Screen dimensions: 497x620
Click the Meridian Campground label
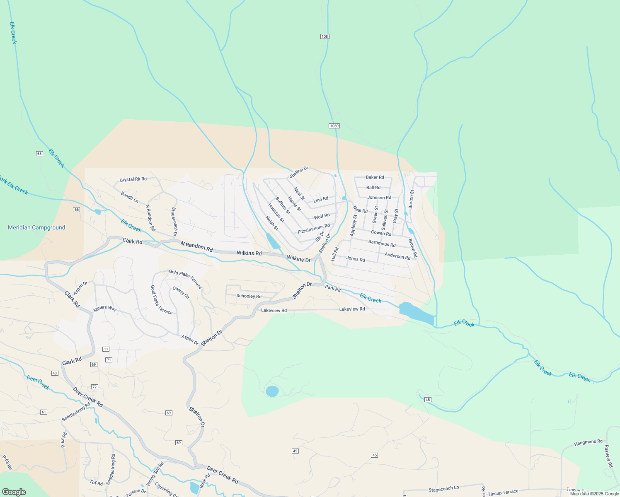(36, 227)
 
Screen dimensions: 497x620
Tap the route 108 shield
(325, 36)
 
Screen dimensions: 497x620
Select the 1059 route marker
(334, 126)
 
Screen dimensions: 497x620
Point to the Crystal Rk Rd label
(133, 179)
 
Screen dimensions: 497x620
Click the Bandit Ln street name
(130, 197)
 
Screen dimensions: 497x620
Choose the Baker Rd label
(375, 177)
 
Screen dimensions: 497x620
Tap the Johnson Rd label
(379, 198)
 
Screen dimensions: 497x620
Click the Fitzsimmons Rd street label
(314, 229)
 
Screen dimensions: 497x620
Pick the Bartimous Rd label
(382, 244)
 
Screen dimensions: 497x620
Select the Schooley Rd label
(249, 296)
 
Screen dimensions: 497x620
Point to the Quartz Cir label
(181, 292)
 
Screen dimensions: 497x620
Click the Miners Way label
(105, 309)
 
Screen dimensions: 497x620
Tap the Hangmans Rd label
(588, 443)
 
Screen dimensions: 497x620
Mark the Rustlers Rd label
(608, 456)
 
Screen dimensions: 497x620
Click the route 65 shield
(39, 154)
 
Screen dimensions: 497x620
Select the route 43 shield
(55, 373)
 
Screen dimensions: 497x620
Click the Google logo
(14, 492)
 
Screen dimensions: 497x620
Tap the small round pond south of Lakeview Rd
(272, 391)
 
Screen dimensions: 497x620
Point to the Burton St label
(412, 199)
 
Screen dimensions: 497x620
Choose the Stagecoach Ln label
(443, 489)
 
